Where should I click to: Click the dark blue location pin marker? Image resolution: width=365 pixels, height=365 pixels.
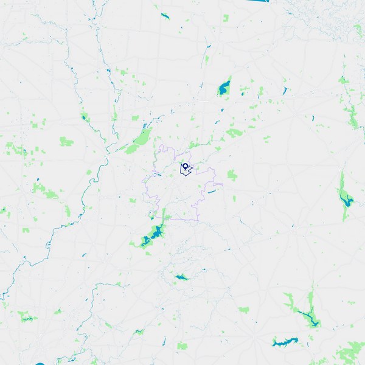[184, 165]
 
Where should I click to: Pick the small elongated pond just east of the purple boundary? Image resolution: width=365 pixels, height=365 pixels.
[212, 192]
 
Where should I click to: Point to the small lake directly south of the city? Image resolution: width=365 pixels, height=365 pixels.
[181, 277]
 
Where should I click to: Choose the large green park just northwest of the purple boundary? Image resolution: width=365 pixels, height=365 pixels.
[141, 139]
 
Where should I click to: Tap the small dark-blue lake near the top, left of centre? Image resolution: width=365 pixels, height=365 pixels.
[165, 16]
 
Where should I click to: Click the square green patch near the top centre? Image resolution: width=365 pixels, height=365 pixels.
[226, 18]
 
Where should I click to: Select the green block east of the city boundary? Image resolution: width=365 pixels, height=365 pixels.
[232, 175]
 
